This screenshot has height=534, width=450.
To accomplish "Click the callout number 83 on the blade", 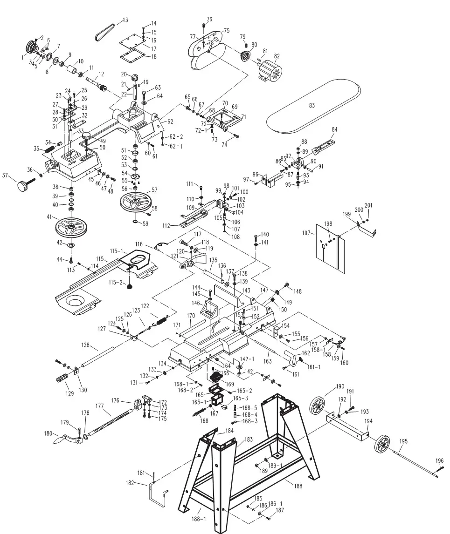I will coord(312,106).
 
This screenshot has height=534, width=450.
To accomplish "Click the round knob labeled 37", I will coord(24,186).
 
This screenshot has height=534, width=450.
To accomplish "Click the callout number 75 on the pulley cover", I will coord(226,31).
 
